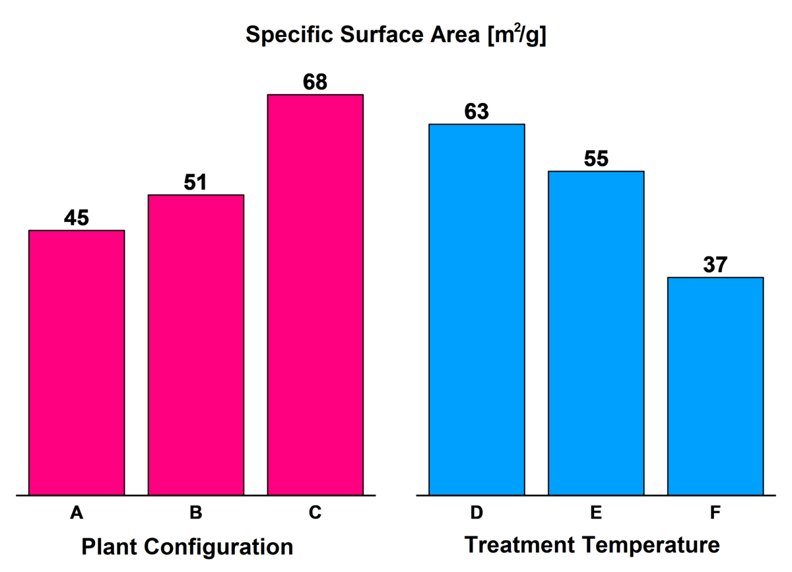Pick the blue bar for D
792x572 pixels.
click(x=477, y=309)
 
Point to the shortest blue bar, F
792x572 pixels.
click(x=715, y=386)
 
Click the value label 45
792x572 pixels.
click(x=77, y=218)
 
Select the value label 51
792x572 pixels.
click(x=195, y=182)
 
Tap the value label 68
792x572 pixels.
click(x=315, y=83)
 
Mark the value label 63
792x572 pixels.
click(x=477, y=112)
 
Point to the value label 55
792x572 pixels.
click(x=596, y=159)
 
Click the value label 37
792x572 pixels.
click(x=715, y=265)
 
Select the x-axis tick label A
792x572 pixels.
click(x=77, y=513)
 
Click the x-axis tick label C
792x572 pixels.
click(x=315, y=513)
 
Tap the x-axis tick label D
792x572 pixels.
click(x=477, y=513)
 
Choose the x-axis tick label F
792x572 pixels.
click(x=715, y=513)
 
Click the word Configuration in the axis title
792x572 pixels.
click(x=224, y=548)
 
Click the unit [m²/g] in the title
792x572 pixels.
click(x=516, y=35)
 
